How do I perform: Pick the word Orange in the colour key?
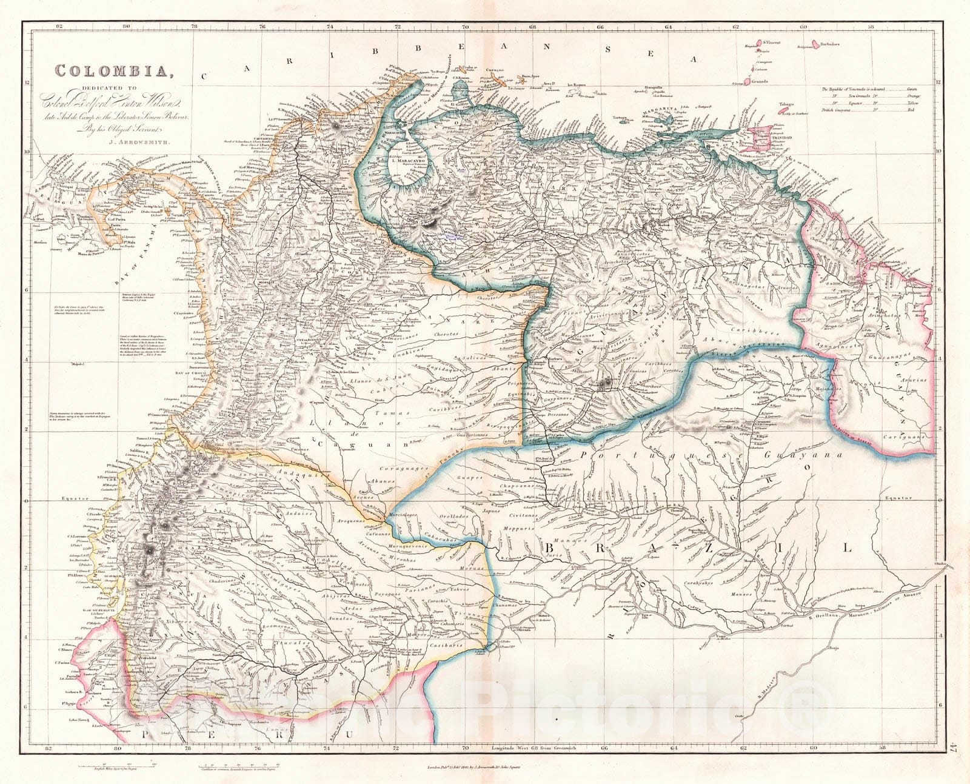pos(915,96)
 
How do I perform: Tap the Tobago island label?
pos(786,104)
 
